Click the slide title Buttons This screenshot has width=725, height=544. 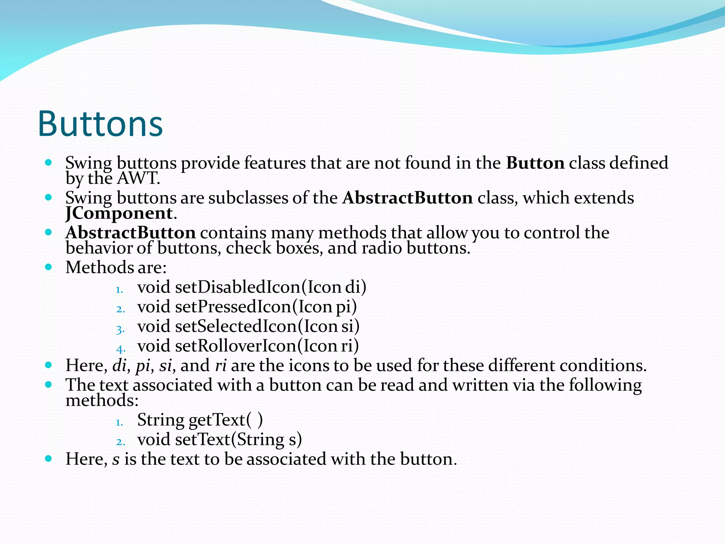100,124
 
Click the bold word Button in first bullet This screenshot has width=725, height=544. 535,163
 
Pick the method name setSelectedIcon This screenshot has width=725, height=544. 236,326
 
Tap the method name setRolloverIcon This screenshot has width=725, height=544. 235,346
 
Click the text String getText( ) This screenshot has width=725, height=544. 200,420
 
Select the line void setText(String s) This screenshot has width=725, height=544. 219,440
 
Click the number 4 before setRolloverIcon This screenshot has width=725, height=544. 120,349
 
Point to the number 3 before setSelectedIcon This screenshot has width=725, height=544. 120,330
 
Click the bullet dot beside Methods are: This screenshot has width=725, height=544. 49,267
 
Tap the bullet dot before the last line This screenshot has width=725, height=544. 49,459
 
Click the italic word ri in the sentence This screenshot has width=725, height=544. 221,365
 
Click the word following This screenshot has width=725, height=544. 605,385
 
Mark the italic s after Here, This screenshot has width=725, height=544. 116,459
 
